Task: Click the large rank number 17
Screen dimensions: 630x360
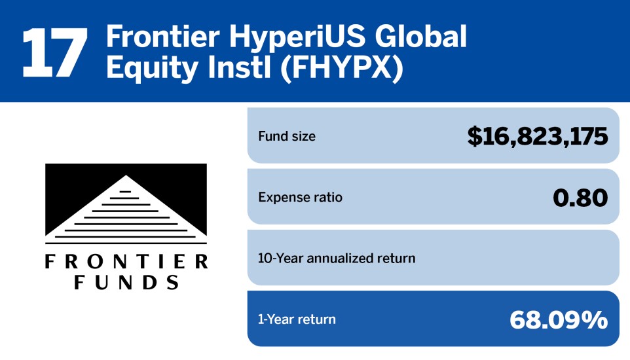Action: (x=54, y=52)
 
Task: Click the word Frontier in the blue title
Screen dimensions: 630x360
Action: (x=163, y=37)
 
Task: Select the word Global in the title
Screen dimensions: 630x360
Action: (x=420, y=37)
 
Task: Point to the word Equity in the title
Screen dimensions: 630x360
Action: (x=152, y=68)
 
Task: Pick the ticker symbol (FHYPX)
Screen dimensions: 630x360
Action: (x=341, y=67)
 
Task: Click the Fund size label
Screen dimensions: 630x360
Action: (x=287, y=136)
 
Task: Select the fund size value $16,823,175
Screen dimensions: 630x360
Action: (x=538, y=135)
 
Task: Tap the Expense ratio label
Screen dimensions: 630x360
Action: (x=300, y=197)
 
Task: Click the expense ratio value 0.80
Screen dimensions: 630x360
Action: (x=580, y=197)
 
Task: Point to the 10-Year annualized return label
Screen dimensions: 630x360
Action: (x=337, y=258)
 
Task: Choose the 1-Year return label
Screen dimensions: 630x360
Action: (x=297, y=319)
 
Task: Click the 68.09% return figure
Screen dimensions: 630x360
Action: (x=559, y=320)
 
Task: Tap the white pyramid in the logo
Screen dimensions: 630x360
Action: (x=126, y=209)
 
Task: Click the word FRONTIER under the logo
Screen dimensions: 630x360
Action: (x=126, y=262)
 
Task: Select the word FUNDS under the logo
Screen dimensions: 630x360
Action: (x=126, y=282)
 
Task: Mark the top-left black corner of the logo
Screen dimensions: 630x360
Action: (x=45, y=164)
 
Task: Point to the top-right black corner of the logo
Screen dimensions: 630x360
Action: (x=206, y=164)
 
